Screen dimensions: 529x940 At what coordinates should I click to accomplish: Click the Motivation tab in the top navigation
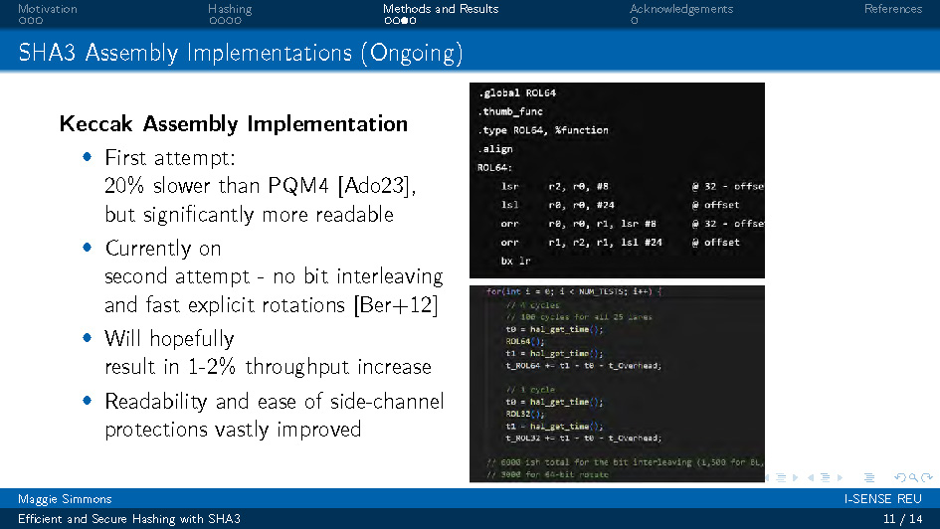47,9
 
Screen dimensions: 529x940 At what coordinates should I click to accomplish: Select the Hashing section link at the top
230,9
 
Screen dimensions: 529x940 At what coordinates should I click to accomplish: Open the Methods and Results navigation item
441,9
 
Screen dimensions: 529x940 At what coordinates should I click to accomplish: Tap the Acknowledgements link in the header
680,9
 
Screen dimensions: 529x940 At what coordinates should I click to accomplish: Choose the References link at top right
892,9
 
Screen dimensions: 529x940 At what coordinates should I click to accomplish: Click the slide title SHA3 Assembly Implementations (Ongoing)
240,53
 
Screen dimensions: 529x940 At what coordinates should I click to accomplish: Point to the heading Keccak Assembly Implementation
234,124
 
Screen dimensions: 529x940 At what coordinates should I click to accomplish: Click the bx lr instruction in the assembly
515,261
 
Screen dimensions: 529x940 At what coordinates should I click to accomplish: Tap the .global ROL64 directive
516,92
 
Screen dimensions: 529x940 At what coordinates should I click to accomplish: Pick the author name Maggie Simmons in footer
65,498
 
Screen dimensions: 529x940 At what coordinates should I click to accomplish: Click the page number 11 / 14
902,519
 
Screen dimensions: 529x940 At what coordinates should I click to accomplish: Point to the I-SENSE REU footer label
883,498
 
